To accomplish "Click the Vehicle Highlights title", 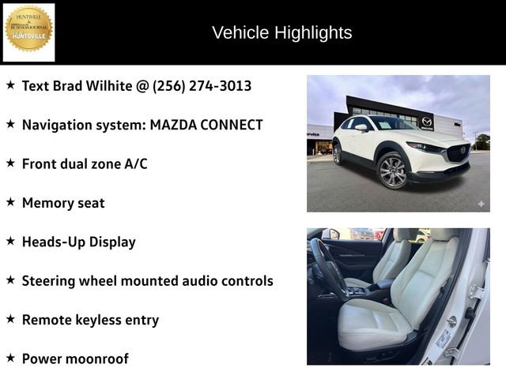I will click(x=281, y=32).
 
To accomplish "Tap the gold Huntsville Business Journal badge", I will click(x=29, y=30).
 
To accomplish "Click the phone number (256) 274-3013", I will click(x=202, y=85).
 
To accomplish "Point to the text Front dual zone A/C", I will click(x=85, y=163).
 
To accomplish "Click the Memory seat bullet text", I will click(x=63, y=203).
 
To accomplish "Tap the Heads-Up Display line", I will click(x=78, y=242).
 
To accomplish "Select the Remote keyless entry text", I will click(x=90, y=320).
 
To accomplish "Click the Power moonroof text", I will click(x=75, y=358).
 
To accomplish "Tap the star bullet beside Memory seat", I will click(x=11, y=202).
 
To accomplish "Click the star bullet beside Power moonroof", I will click(x=11, y=358).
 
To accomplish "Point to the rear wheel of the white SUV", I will click(x=337, y=154).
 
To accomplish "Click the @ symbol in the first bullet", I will click(x=142, y=85).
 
